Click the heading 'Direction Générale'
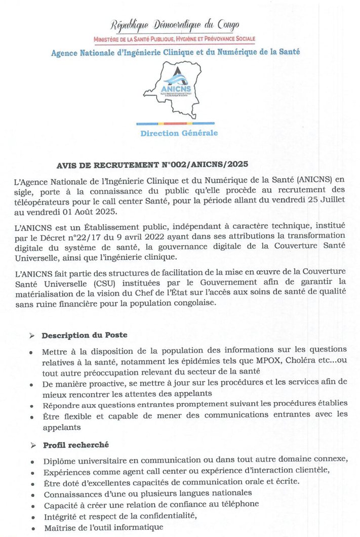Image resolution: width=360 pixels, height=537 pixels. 179,133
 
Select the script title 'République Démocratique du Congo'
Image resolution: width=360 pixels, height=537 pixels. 175,25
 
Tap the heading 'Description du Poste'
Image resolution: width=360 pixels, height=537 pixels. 85,335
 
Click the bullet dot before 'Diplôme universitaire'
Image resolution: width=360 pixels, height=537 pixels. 32,461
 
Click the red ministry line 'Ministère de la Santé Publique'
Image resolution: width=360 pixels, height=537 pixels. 174,39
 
